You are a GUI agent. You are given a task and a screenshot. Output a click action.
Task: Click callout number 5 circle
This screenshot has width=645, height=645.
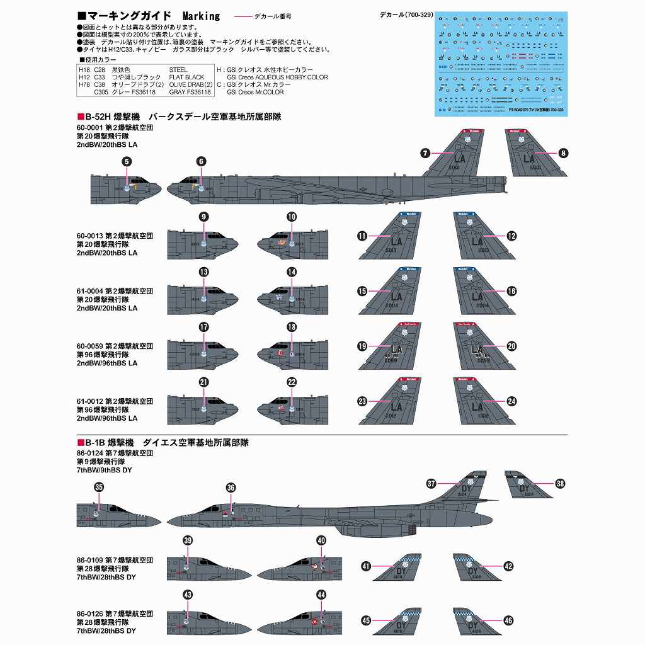click(127, 162)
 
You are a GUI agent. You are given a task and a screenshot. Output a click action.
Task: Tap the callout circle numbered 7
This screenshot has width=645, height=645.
click(425, 153)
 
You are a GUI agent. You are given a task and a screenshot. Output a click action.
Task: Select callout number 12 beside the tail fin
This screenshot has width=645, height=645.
click(511, 236)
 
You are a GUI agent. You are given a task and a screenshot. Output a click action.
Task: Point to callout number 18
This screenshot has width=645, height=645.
click(292, 328)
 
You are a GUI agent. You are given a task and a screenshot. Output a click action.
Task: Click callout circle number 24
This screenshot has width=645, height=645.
click(511, 401)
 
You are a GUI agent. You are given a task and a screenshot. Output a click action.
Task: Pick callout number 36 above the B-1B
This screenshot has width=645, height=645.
click(231, 488)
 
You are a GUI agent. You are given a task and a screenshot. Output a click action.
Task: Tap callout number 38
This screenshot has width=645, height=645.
click(561, 484)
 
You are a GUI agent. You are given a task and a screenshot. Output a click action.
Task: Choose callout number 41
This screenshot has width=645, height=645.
click(366, 566)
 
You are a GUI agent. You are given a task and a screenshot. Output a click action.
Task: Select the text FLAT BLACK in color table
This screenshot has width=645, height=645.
click(187, 77)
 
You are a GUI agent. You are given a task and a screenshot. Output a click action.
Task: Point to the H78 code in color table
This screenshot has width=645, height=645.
click(84, 84)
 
